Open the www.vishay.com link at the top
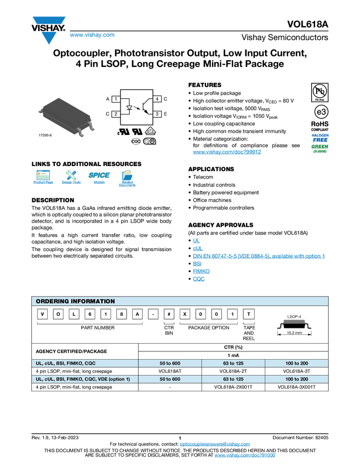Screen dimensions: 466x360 pos(92,35)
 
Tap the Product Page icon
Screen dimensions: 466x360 pos(43,178)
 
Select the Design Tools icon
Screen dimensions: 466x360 pos(71,178)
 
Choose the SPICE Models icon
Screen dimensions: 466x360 pos(99,178)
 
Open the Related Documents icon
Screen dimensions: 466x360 pos(127,178)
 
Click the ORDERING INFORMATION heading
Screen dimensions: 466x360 pos(75,301)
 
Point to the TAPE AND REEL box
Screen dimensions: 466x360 pos(249,333)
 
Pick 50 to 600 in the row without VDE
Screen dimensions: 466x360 pos(170,363)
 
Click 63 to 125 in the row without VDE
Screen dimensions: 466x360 pos(233,363)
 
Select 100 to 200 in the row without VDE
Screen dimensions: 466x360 pos(296,363)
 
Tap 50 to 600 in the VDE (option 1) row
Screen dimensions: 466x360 pos(170,379)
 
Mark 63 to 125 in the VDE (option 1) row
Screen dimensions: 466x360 pos(233,379)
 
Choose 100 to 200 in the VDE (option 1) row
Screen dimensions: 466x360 pos(296,379)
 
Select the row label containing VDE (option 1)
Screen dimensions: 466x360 pos(83,379)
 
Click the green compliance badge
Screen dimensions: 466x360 pos(320,148)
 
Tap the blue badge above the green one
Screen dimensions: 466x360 pos(320,137)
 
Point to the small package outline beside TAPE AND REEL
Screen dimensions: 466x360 pos(294,323)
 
